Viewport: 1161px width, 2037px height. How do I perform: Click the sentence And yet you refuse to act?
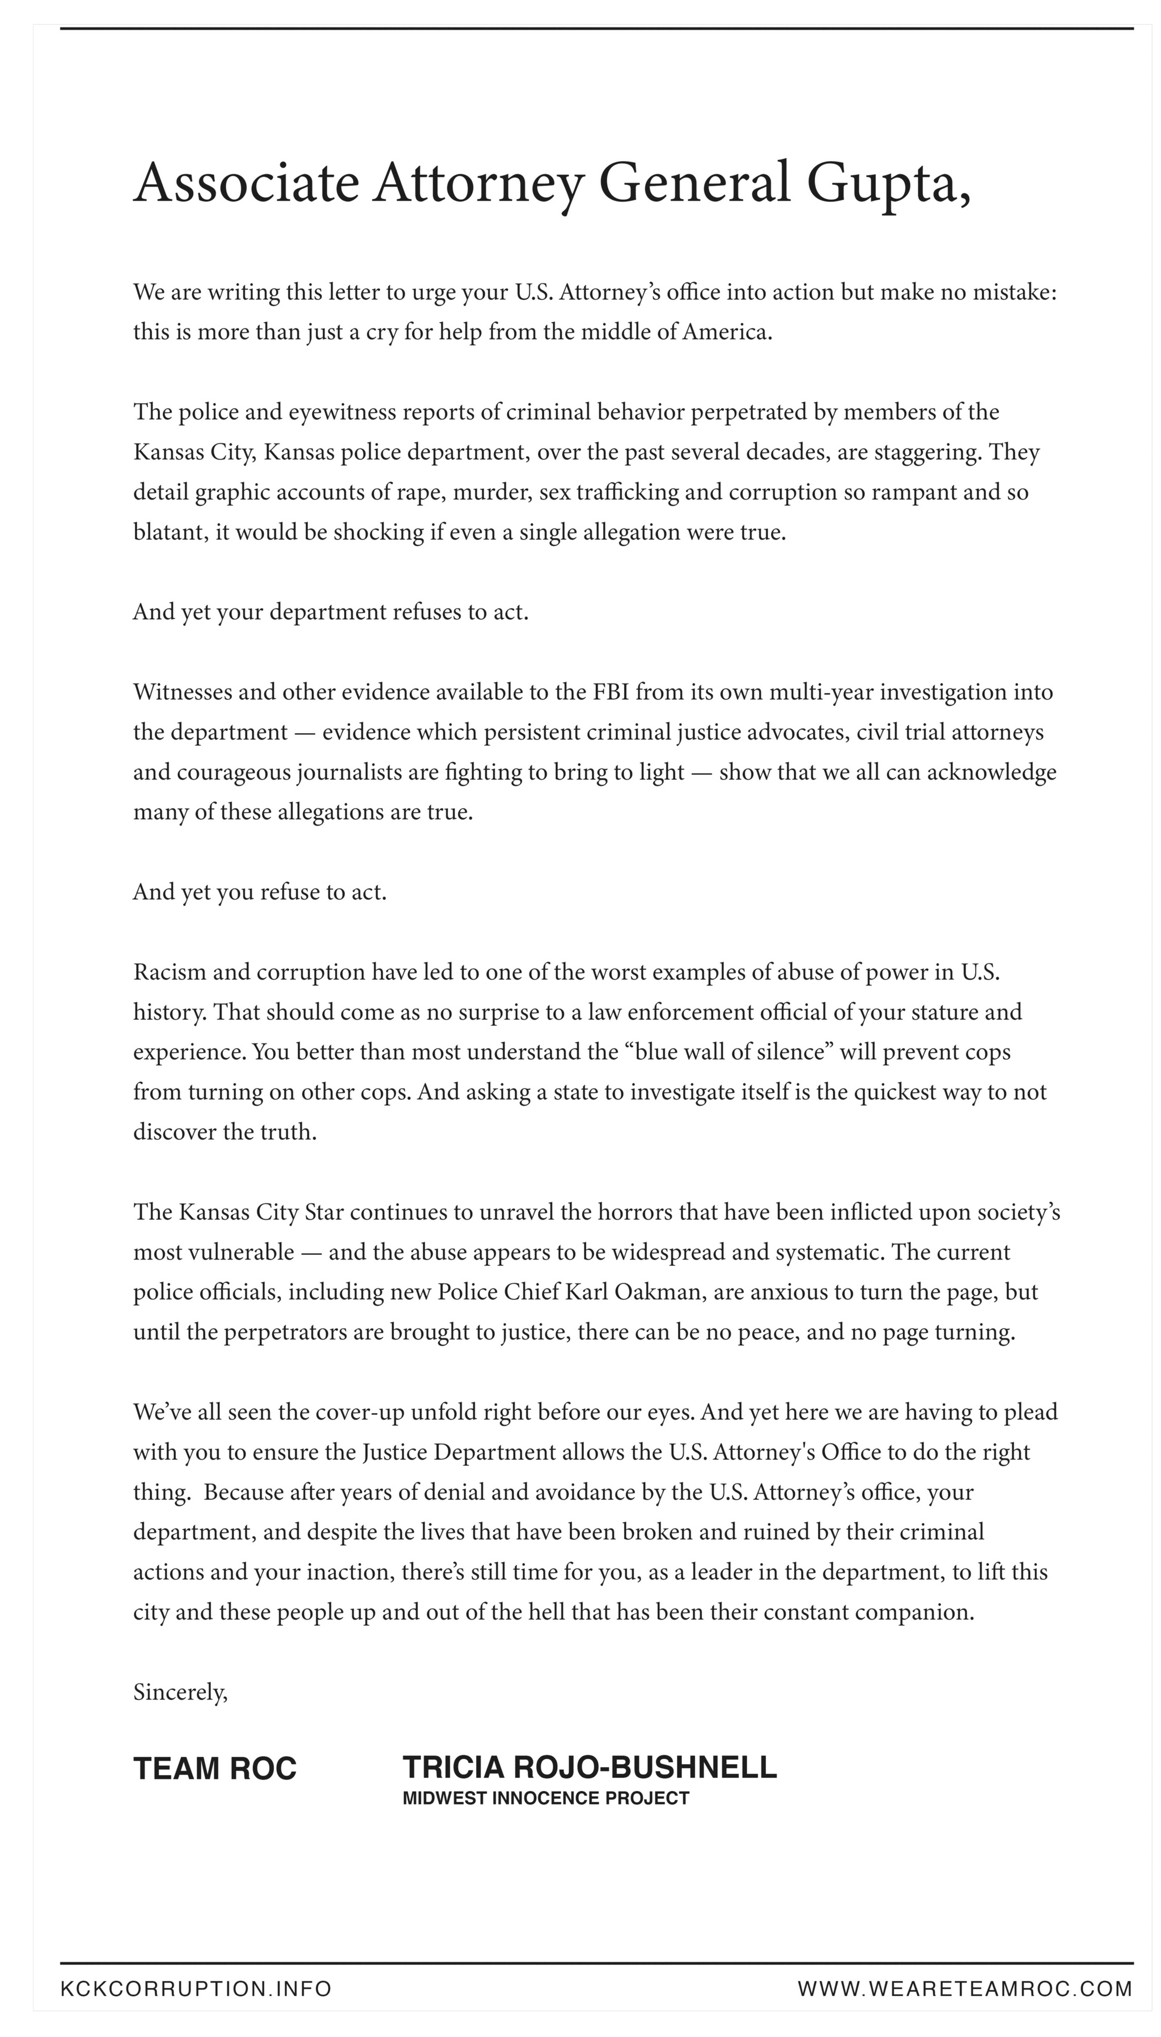pos(260,891)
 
